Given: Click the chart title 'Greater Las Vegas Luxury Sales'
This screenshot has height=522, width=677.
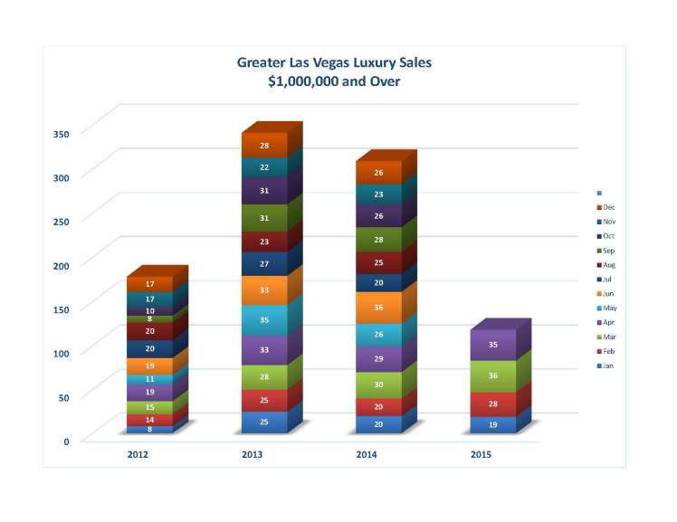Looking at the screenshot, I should (334, 62).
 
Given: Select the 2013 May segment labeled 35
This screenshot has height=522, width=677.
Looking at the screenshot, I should (264, 320).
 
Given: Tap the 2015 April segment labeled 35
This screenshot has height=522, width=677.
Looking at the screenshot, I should (493, 345).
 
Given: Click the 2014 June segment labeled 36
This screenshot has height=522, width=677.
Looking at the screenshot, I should (378, 308).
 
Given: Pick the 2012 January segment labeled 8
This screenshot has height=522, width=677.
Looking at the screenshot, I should (150, 430).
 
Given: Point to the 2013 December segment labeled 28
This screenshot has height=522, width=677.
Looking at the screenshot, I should (264, 146).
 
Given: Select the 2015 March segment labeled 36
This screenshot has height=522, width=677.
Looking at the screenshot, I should (493, 375).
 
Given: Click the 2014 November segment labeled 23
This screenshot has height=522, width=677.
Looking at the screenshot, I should (378, 195).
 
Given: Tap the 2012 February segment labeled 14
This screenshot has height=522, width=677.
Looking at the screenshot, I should (150, 420).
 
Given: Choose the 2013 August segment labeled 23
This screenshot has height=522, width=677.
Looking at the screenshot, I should (264, 242).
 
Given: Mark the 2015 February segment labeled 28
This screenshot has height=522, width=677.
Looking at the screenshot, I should (493, 403).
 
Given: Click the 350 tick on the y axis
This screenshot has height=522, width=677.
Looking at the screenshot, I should (62, 134).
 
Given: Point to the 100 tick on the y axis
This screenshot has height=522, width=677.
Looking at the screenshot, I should (62, 353).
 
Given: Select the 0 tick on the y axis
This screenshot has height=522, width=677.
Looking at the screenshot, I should (65, 441).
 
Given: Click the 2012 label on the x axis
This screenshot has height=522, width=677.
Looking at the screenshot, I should (138, 455).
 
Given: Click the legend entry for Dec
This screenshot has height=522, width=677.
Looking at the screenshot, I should (608, 207).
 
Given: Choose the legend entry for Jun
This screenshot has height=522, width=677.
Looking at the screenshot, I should (608, 294).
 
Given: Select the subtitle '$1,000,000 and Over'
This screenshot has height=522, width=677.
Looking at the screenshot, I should (334, 81).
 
